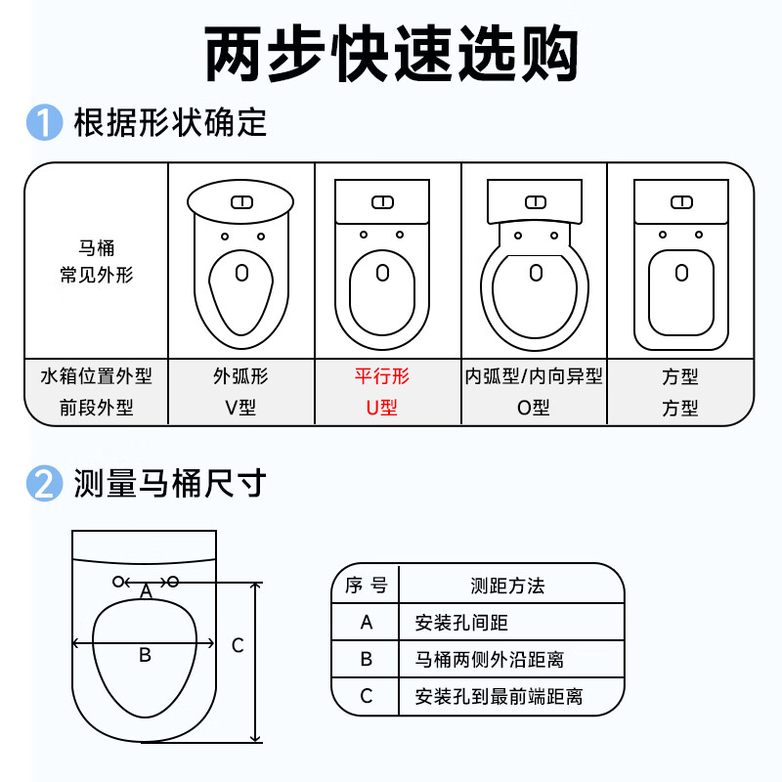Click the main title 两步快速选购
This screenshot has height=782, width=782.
(391, 53)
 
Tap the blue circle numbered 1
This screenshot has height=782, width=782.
(44, 122)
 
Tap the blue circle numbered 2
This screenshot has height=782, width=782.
(44, 483)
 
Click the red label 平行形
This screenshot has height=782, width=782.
(382, 376)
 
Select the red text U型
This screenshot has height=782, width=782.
(381, 408)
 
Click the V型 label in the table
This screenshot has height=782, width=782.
(240, 408)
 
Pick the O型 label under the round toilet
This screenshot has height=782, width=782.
(533, 408)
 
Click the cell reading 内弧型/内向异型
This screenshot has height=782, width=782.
(534, 376)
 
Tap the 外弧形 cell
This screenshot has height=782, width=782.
(240, 376)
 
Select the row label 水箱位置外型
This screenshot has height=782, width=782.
(96, 376)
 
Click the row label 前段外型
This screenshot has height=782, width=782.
(96, 408)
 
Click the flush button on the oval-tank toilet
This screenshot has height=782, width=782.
(241, 202)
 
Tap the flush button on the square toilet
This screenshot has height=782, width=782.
(681, 202)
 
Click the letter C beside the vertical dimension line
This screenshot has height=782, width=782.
(238, 645)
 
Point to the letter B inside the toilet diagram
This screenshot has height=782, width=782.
(145, 655)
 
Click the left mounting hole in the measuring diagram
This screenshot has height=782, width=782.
(118, 582)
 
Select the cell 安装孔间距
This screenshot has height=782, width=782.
(461, 623)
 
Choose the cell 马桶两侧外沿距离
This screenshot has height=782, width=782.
(490, 659)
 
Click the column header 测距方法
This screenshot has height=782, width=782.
(507, 586)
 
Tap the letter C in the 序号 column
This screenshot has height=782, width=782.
(366, 696)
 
